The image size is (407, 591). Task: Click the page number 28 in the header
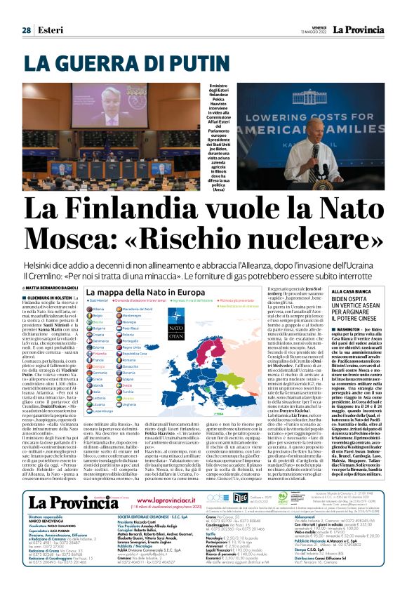tap(26, 10)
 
